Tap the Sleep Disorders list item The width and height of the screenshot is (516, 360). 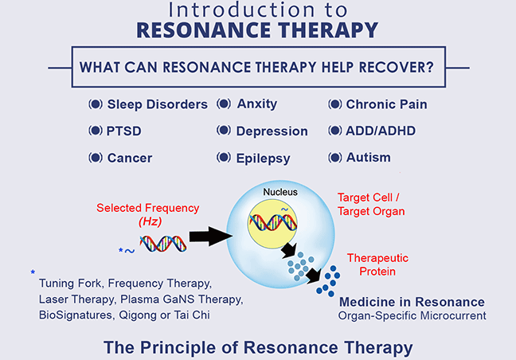pos(157,104)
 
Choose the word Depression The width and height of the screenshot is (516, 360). pos(271,131)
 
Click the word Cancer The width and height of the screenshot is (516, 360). pos(130,157)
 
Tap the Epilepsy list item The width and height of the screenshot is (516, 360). pos(263,158)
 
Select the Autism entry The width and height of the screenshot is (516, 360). pos(369,157)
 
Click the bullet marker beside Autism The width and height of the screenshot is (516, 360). pos(334,157)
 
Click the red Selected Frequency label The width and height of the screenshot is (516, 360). pos(148,208)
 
